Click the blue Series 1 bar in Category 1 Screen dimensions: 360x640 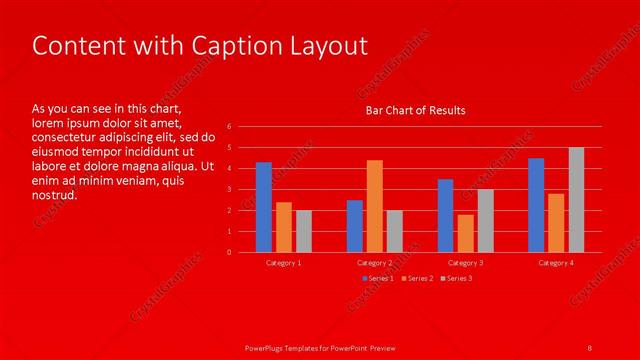pyautogui.click(x=264, y=207)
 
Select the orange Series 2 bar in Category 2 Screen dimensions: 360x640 pyautogui.click(x=375, y=206)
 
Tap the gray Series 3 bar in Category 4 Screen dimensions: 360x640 pyautogui.click(x=576, y=200)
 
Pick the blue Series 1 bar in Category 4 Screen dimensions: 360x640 pyautogui.click(x=536, y=205)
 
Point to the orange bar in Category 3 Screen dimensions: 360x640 pyautogui.click(x=466, y=233)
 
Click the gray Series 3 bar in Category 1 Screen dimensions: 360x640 pyautogui.click(x=304, y=231)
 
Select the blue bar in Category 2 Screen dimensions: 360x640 pyautogui.click(x=355, y=226)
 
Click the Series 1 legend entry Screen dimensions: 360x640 pyautogui.click(x=379, y=278)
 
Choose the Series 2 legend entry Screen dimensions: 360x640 pyautogui.click(x=419, y=278)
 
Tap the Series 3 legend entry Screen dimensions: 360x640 pyautogui.click(x=458, y=278)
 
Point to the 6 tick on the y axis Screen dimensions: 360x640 pyautogui.click(x=229, y=127)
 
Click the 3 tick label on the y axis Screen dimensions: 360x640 pyautogui.click(x=229, y=189)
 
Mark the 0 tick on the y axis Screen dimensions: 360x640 pyautogui.click(x=229, y=252)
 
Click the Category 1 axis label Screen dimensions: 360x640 pyautogui.click(x=284, y=263)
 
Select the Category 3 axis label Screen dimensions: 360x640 pyautogui.click(x=466, y=263)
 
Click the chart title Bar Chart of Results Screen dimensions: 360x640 pyautogui.click(x=415, y=110)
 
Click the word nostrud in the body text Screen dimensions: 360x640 pyautogui.click(x=54, y=195)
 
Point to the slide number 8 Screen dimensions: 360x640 pyautogui.click(x=590, y=346)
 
